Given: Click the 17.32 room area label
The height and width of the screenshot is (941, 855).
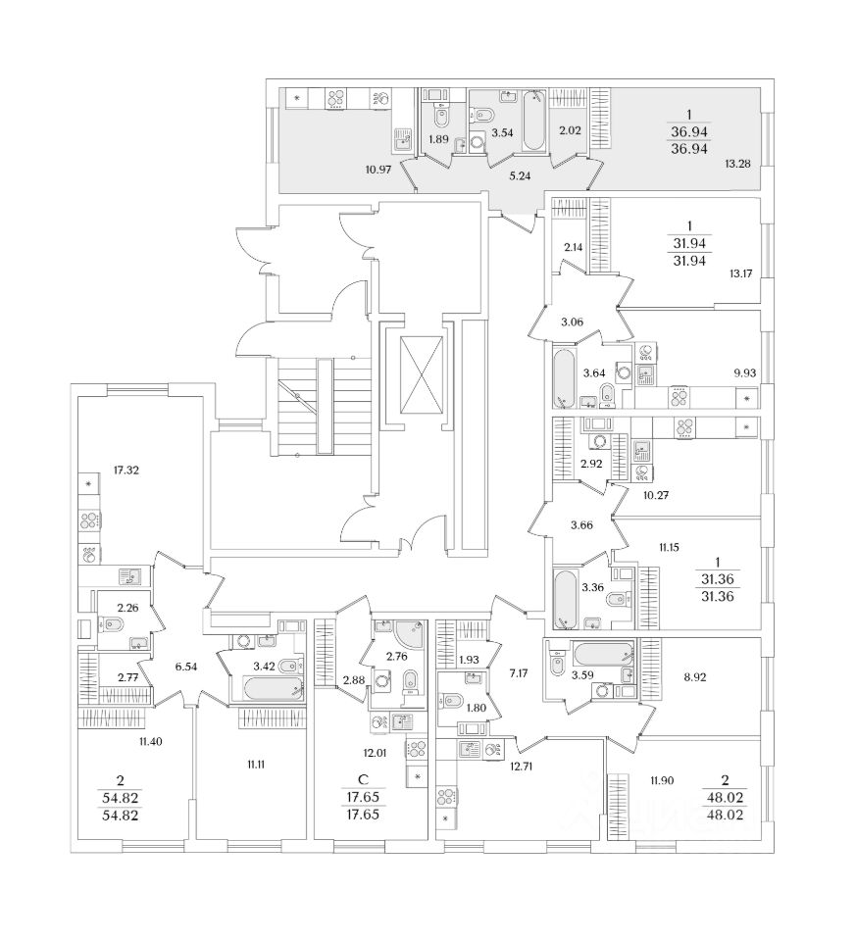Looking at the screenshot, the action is [126, 470].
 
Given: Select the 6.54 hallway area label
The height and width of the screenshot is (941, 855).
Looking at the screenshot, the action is [185, 667].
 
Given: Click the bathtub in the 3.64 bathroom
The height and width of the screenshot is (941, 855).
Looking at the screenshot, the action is [565, 377].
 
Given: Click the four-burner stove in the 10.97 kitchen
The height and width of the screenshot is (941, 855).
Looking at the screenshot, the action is [336, 98].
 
